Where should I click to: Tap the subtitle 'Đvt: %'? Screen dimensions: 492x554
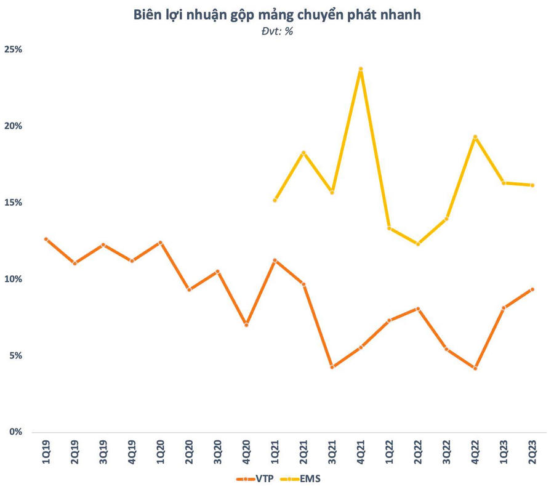tap(277, 32)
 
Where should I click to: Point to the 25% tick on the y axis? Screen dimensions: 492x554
tap(13, 49)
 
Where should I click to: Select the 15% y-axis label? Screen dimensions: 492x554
tap(13, 203)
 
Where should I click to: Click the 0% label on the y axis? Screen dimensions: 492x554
tap(15, 432)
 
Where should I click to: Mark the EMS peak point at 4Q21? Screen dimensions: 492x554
tap(361, 69)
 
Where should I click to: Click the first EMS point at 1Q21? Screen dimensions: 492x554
tap(275, 200)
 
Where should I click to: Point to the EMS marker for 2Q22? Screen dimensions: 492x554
tap(418, 244)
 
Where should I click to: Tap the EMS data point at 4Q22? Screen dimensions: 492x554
tap(475, 137)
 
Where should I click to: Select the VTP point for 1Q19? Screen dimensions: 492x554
tap(46, 239)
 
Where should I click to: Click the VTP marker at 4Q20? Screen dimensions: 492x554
tap(246, 325)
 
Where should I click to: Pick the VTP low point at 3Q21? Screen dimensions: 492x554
tap(332, 367)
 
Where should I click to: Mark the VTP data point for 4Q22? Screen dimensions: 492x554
tap(475, 368)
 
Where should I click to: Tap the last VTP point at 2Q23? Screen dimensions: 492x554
tap(532, 289)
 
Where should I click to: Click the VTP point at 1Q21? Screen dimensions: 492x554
tap(275, 260)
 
